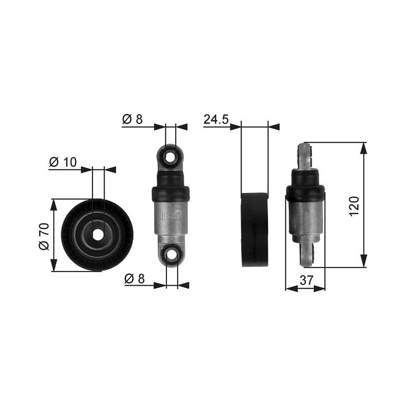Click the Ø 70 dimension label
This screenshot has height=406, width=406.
44,236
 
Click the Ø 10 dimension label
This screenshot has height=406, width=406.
63,162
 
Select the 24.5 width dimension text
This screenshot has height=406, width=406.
216,120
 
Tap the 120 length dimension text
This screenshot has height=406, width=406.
354,207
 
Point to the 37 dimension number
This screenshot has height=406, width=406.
307,280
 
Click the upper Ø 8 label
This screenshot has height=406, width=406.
132,119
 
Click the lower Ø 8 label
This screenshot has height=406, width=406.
134,279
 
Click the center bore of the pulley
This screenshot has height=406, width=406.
97,234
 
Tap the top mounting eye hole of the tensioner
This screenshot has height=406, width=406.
170,157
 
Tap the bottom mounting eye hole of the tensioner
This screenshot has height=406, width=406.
172,255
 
